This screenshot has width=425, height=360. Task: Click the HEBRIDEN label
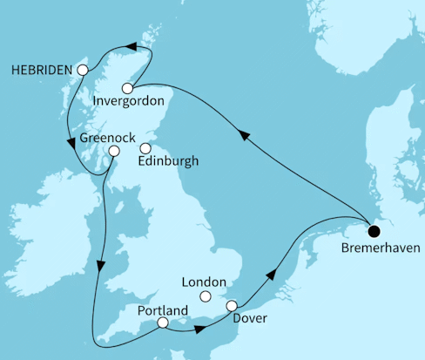coord(42,70)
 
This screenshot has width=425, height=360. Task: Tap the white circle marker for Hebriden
coord(83,70)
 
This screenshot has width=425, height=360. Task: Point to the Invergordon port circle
coord(128,88)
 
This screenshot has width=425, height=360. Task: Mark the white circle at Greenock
coord(113,151)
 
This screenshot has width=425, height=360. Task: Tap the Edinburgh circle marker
coord(156,147)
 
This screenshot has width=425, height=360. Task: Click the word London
coord(203,282)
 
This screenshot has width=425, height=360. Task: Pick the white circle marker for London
coord(206,297)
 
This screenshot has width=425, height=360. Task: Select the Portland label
coord(162,309)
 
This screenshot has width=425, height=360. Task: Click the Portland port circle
coord(163,323)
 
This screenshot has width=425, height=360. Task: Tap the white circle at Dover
coord(232,305)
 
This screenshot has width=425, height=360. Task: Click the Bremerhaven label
coord(374,248)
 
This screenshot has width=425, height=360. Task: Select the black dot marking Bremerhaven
coord(374,231)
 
